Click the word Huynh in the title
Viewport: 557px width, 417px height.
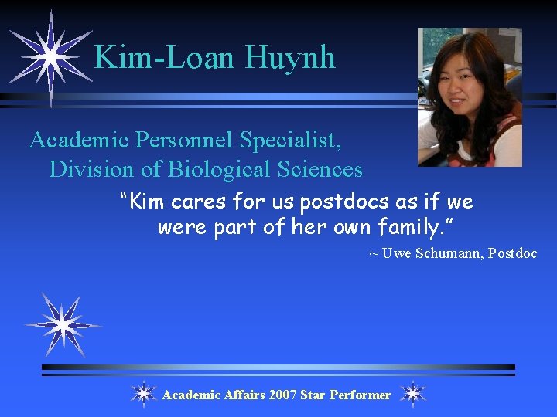(x=290, y=57)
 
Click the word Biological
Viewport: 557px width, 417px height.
(x=217, y=168)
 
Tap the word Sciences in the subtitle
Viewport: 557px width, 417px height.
(x=318, y=168)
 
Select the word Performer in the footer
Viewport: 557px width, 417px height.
(x=360, y=395)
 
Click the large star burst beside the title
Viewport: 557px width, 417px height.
(x=50, y=56)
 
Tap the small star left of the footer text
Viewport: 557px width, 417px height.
(x=143, y=394)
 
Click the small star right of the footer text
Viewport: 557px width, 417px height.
(x=413, y=394)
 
